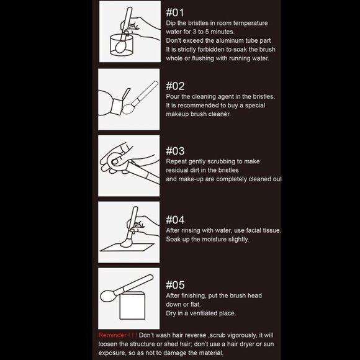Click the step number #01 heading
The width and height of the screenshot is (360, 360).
pyautogui.click(x=175, y=12)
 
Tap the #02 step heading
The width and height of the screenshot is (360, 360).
pyautogui.click(x=175, y=86)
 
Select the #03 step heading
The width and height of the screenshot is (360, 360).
pyautogui.click(x=175, y=151)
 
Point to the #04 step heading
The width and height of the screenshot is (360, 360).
pyautogui.click(x=175, y=220)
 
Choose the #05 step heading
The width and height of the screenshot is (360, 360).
pyautogui.click(x=175, y=285)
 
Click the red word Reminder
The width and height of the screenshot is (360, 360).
pyautogui.click(x=112, y=335)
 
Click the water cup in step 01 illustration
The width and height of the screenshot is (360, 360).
pyautogui.click(x=122, y=45)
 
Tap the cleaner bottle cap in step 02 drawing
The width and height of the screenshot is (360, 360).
pyautogui.click(x=117, y=106)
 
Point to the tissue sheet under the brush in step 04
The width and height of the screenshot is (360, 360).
pyautogui.click(x=127, y=247)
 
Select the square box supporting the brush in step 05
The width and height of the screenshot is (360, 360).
pyautogui.click(x=132, y=305)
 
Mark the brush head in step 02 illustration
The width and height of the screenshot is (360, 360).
pyautogui.click(x=128, y=109)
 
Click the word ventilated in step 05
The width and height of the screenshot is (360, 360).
pyautogui.click(x=204, y=313)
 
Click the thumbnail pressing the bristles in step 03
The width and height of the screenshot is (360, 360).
pyautogui.click(x=115, y=161)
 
